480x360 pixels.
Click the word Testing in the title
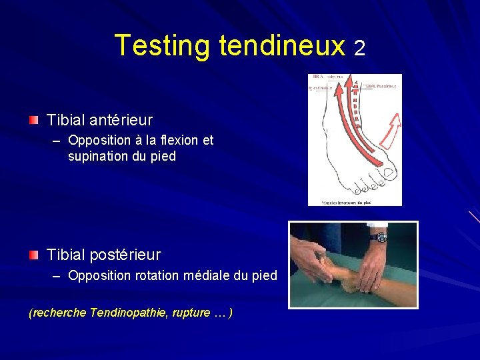click(163, 45)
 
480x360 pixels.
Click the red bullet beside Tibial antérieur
click(33, 120)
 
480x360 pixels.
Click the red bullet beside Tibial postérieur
click(33, 254)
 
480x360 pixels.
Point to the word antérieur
click(122, 121)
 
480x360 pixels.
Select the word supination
click(99, 157)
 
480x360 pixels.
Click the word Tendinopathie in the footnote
click(131, 313)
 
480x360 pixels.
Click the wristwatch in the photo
click(379, 237)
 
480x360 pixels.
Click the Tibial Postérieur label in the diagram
click(383, 85)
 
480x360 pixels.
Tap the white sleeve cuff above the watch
click(377, 226)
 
